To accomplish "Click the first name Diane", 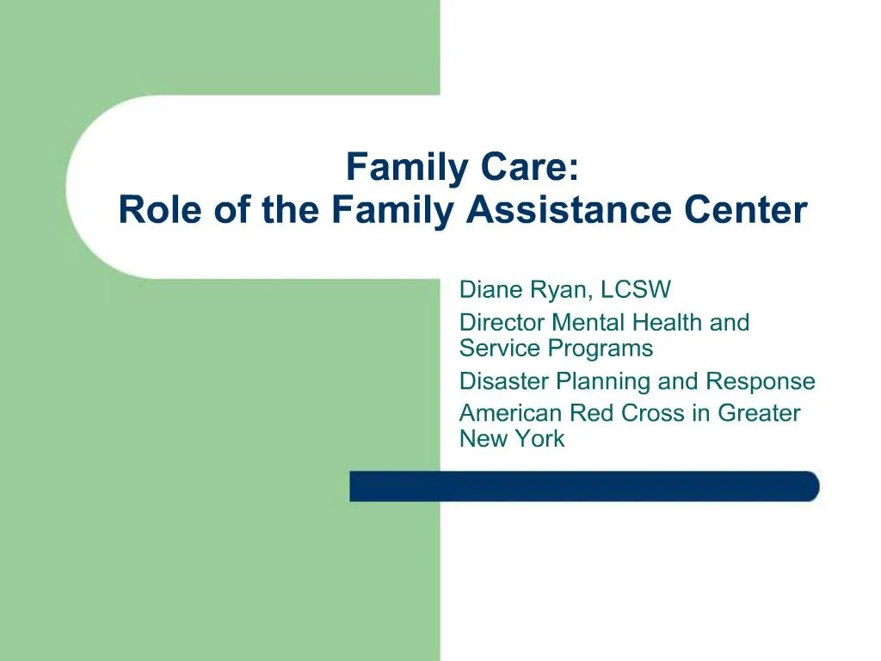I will [490, 289].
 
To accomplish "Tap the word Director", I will [502, 323].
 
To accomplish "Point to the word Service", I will [496, 349].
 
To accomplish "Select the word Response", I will [761, 381].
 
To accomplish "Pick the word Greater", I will [759, 413].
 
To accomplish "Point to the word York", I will [540, 439].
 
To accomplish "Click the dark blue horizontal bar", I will [584, 486].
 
